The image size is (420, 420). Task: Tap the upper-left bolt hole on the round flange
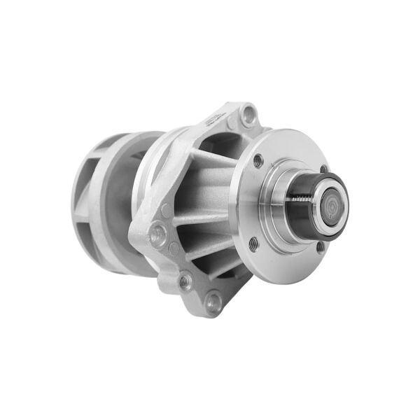[x=258, y=160]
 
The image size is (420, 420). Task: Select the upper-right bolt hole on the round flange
[x=323, y=169]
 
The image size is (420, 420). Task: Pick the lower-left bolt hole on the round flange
[x=253, y=244]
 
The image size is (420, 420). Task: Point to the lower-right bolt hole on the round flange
[x=320, y=246]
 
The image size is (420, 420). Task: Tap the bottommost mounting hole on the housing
[x=213, y=302]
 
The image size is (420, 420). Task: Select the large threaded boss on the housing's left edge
[x=158, y=234]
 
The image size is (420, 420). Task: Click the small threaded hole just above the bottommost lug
[x=184, y=281]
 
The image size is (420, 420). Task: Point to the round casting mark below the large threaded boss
[x=173, y=248]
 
